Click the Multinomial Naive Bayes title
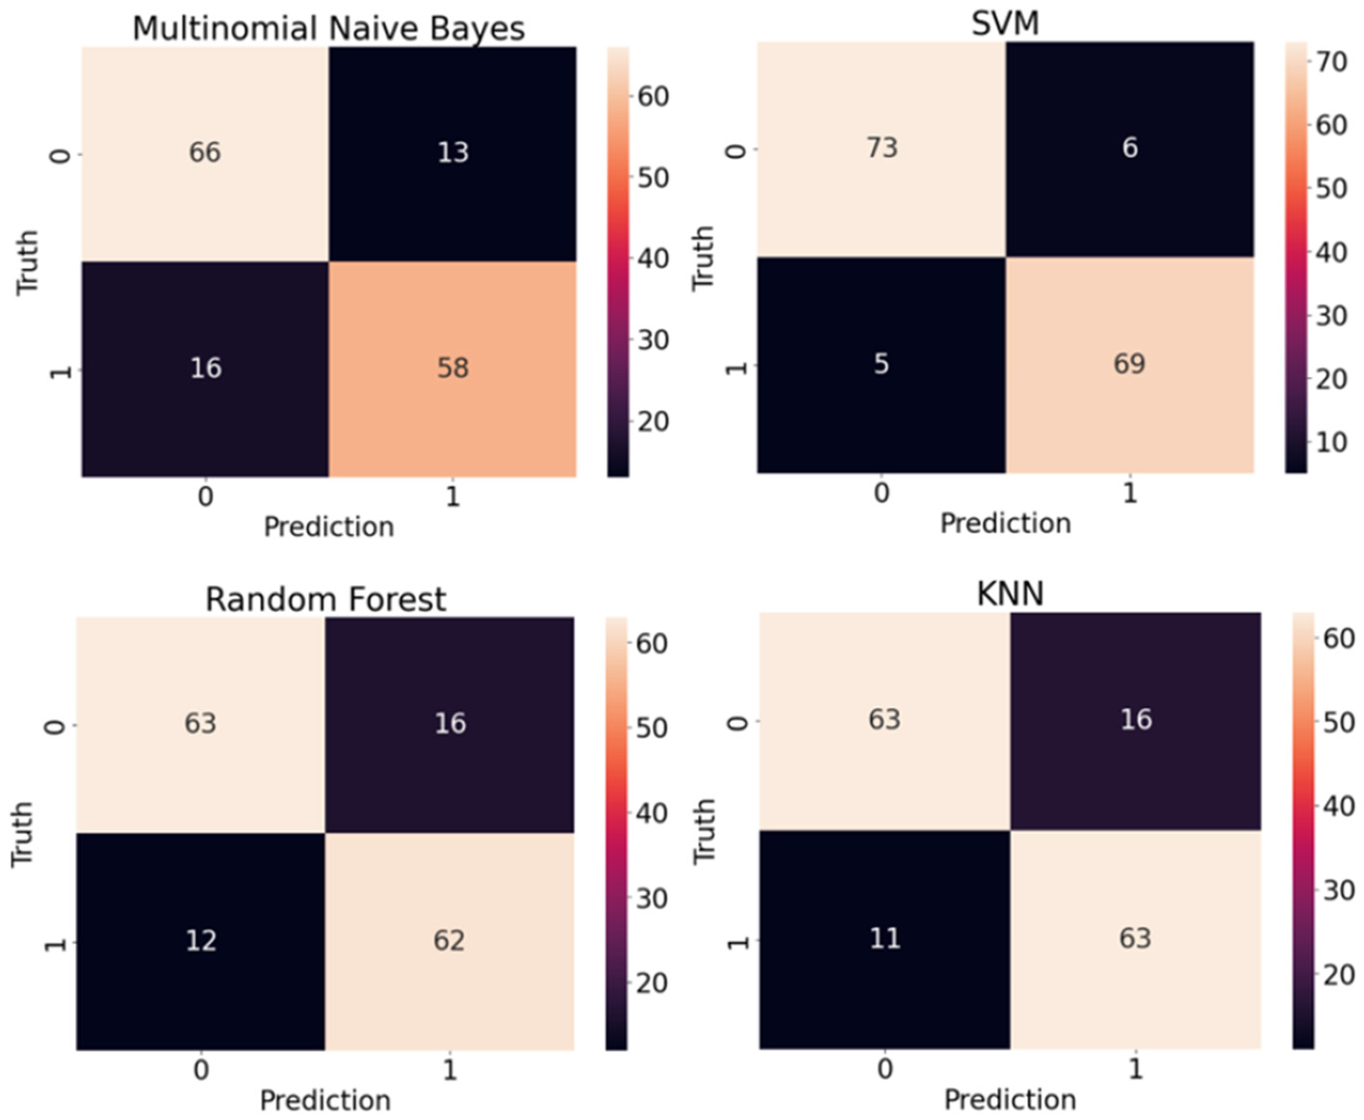(328, 28)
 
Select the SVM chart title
(1005, 22)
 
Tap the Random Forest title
(325, 599)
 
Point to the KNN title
(1010, 594)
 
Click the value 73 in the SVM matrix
(882, 147)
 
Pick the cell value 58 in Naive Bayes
(452, 368)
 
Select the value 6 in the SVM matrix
(1130, 147)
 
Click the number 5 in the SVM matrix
(881, 364)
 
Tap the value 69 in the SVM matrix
(1129, 364)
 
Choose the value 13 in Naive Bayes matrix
(452, 152)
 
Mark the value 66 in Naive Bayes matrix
(204, 152)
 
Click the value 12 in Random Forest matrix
(200, 940)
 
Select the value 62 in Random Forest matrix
(449, 940)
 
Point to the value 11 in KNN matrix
(885, 938)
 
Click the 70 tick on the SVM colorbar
(1332, 62)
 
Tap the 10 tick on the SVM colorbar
(1332, 443)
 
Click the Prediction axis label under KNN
(1010, 1099)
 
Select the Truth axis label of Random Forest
(22, 834)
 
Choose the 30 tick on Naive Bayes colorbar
(653, 340)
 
